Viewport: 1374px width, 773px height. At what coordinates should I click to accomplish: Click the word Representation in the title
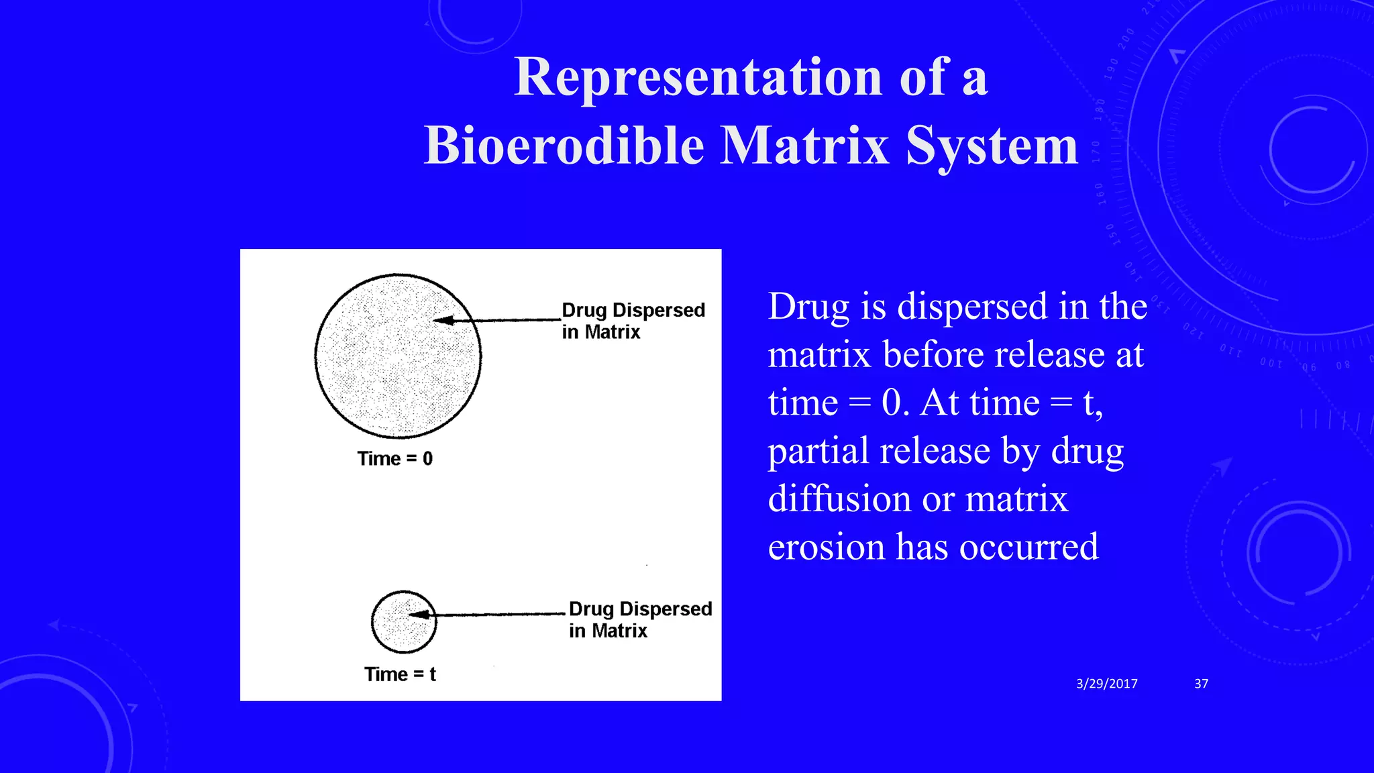pos(698,77)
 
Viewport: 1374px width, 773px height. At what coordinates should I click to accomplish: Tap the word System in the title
pos(991,146)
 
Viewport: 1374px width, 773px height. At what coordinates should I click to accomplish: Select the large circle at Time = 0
pos(398,356)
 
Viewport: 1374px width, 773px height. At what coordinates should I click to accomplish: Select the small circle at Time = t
pos(404,622)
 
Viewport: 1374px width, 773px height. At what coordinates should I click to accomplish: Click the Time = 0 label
pos(394,459)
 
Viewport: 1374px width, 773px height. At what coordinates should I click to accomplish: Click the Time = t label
pos(400,674)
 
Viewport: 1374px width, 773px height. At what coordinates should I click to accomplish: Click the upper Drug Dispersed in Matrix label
pos(633,321)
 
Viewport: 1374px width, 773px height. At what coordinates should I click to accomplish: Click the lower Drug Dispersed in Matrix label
pos(640,619)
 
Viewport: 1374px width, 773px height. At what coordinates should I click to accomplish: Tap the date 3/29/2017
pos(1106,684)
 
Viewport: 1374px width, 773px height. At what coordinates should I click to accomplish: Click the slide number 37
pos(1201,684)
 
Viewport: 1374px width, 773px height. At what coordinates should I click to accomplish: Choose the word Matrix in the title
pos(805,146)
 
